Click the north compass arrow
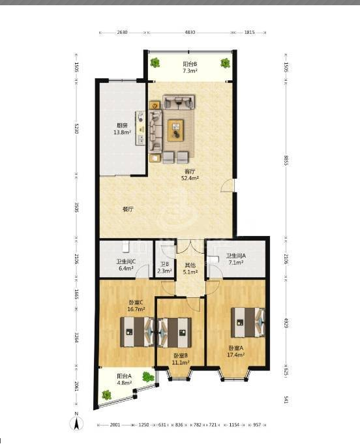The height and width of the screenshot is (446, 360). coord(76,423)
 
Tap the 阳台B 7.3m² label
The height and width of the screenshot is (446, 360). coord(190,67)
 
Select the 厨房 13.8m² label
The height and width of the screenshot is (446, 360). coord(122,128)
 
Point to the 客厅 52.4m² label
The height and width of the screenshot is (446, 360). coord(190,175)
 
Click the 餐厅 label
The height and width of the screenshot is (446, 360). coord(128,209)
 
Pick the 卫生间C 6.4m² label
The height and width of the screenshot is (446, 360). coord(125,265)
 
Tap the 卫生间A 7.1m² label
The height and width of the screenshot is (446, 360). coord(236,259)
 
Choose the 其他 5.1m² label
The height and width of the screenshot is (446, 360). coord(190,269)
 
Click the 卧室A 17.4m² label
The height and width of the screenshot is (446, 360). coord(236,351)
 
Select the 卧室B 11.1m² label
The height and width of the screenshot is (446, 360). coord(181,359)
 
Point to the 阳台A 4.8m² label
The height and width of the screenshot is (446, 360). coord(125,379)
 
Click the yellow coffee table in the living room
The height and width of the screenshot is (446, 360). coord(175,130)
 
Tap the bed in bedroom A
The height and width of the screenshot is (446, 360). coord(248,322)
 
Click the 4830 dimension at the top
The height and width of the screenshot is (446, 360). coord(190,33)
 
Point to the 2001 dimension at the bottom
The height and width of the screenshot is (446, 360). coord(115,424)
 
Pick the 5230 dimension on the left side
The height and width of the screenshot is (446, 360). coord(76,128)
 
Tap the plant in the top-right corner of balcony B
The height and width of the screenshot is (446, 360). coord(225,63)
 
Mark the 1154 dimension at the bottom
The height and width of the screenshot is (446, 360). coord(234,424)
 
